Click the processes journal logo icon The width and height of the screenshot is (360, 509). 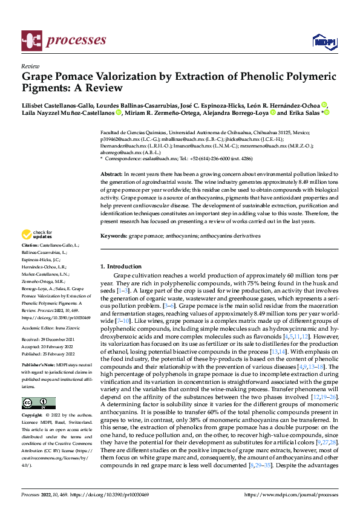pos(30,41)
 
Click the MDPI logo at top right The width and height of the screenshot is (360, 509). pos(324,41)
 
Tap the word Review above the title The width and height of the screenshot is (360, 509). pos(30,66)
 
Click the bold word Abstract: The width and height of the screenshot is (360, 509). pos(111,173)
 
